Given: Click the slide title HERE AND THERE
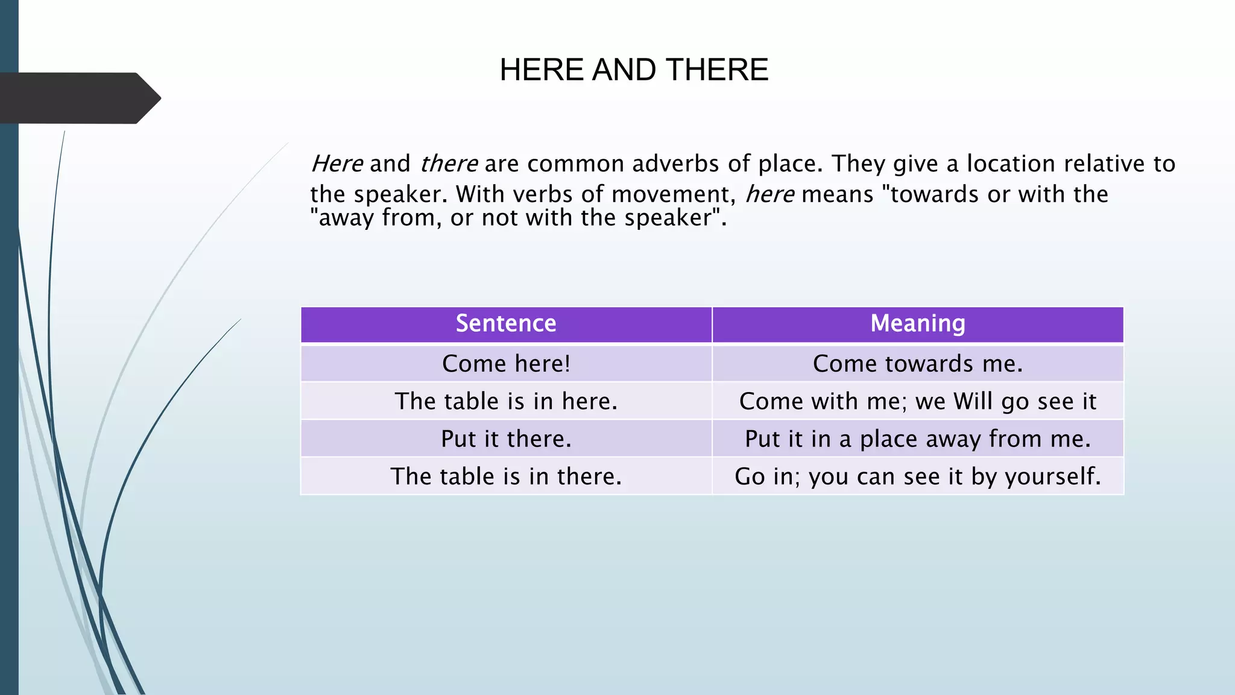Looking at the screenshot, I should pos(634,70).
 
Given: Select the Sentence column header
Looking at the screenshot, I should pos(506,324).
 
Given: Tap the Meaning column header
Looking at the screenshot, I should pos(917,324).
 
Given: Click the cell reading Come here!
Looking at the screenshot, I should pos(506,364).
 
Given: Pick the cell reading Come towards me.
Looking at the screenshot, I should pos(917,364).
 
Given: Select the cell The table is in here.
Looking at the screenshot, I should pos(506,401).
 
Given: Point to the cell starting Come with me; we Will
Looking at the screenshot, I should pos(917,401).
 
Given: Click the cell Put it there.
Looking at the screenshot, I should pos(506,439).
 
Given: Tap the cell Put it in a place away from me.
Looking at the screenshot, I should pos(917,439).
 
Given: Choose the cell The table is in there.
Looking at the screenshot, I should pos(506,477).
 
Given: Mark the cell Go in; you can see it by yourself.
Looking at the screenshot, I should pos(917,477).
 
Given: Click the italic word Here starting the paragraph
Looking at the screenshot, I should pos(337,164).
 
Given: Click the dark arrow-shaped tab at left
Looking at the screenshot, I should pos(78,98).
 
